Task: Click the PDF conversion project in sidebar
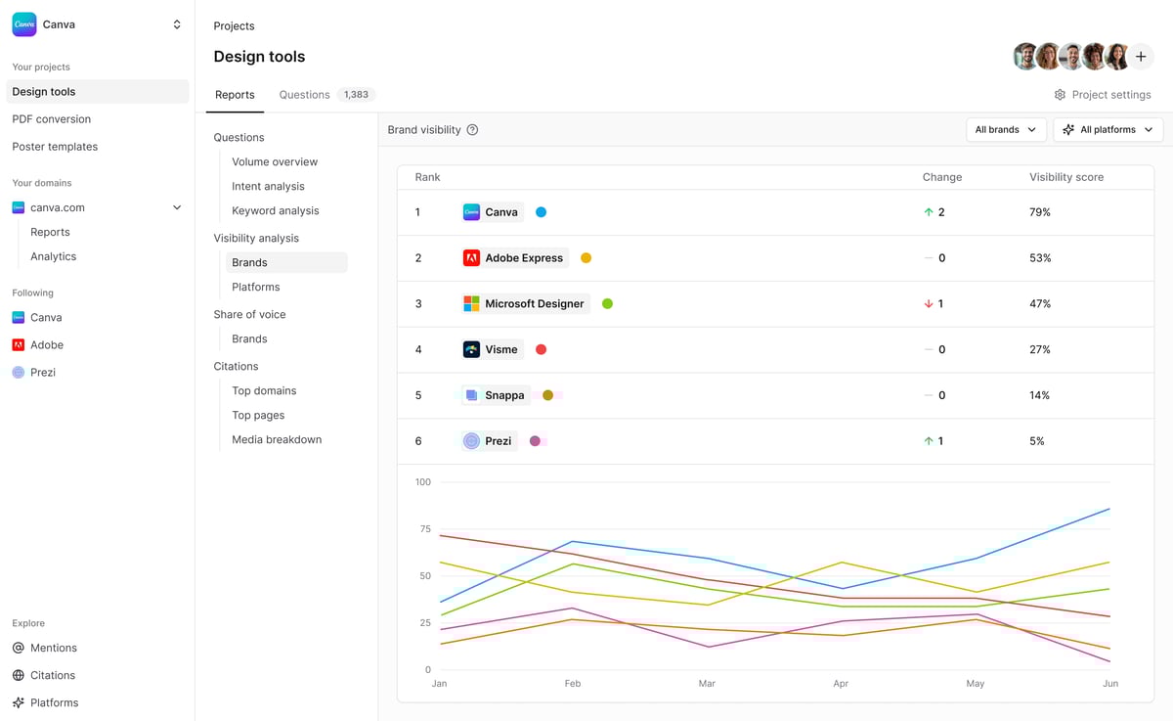click(x=51, y=119)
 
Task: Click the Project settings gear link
click(x=1102, y=95)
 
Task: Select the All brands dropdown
click(x=1005, y=129)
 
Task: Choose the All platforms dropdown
click(x=1108, y=129)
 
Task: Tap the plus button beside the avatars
click(x=1141, y=57)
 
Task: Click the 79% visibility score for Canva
click(x=1039, y=212)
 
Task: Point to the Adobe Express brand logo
click(x=471, y=258)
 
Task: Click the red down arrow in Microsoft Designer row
click(x=929, y=304)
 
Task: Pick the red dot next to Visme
click(x=541, y=349)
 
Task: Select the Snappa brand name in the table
click(x=504, y=395)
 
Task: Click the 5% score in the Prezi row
click(x=1036, y=441)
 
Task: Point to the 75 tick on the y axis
click(x=424, y=529)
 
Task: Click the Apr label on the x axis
click(x=841, y=684)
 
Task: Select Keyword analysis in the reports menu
click(x=275, y=210)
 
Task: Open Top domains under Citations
click(x=264, y=390)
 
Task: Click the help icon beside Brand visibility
click(x=472, y=130)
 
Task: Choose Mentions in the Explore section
click(x=53, y=648)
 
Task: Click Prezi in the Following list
click(x=43, y=372)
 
